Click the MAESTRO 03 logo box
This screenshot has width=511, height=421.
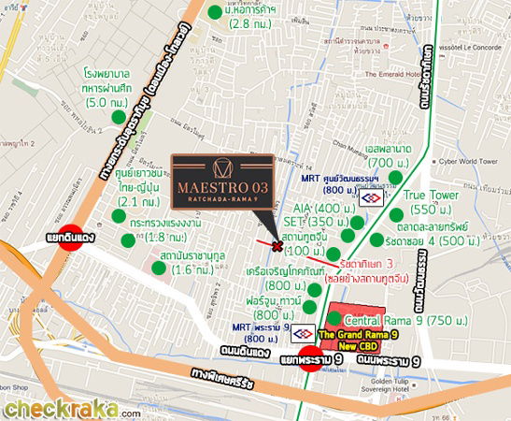[x=222, y=181]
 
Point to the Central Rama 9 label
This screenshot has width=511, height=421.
[x=383, y=319]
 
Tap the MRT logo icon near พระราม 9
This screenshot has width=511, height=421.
[x=302, y=333]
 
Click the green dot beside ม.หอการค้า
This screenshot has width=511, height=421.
[x=215, y=12]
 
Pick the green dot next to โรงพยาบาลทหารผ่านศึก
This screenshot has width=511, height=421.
[x=119, y=116]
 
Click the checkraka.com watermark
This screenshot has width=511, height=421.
[x=71, y=408]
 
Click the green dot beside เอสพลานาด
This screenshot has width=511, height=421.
[x=396, y=177]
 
